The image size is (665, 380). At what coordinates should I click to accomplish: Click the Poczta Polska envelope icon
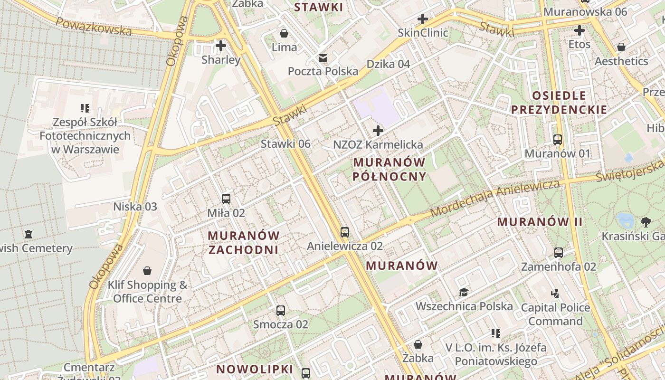point(323,58)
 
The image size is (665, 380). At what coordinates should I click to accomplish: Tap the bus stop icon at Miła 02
point(226,199)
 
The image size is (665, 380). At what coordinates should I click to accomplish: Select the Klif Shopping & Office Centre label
point(147,292)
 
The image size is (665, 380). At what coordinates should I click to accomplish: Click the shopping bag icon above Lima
point(284,33)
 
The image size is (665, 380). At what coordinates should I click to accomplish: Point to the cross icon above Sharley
point(220,46)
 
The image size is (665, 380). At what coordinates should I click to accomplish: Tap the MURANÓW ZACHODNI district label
point(244,242)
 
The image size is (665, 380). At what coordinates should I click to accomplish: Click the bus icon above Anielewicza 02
point(345,232)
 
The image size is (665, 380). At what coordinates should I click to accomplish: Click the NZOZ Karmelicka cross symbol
point(378,130)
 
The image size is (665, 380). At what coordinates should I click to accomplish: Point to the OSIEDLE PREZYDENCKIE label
point(559,103)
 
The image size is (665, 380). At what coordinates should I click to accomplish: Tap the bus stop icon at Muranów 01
point(558,140)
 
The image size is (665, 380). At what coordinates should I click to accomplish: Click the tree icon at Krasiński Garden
point(646,221)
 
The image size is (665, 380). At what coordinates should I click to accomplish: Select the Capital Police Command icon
point(555,293)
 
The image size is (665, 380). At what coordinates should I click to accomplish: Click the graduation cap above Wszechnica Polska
point(464,292)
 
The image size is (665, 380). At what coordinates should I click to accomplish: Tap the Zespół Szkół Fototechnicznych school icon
point(85,108)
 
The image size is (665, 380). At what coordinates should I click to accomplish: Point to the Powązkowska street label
point(94,27)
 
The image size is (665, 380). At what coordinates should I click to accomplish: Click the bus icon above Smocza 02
point(281,311)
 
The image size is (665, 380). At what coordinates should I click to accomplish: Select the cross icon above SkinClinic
point(422,19)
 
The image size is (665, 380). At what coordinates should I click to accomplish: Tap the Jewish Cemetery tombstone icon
point(28,234)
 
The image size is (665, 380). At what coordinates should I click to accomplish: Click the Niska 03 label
point(135,207)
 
